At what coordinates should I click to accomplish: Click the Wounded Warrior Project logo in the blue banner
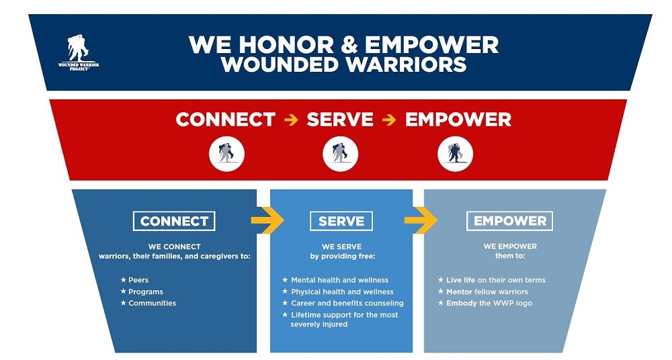[79, 52]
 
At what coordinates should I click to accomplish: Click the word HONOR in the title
[286, 44]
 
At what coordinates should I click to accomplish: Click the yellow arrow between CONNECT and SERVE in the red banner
[291, 120]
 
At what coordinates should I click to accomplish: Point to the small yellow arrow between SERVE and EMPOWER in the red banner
[389, 120]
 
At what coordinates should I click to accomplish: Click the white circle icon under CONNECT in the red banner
[226, 154]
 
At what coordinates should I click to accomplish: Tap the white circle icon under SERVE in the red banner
[340, 154]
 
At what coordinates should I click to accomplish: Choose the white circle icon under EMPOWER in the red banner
[455, 154]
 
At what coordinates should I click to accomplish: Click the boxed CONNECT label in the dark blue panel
[174, 221]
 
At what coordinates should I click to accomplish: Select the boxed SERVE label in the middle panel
[341, 221]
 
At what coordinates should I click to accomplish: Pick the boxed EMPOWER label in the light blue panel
[509, 221]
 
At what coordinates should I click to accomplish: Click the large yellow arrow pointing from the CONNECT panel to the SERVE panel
[267, 220]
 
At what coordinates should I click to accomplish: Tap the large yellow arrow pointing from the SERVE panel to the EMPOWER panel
[421, 220]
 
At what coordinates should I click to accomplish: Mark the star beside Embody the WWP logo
[441, 303]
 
